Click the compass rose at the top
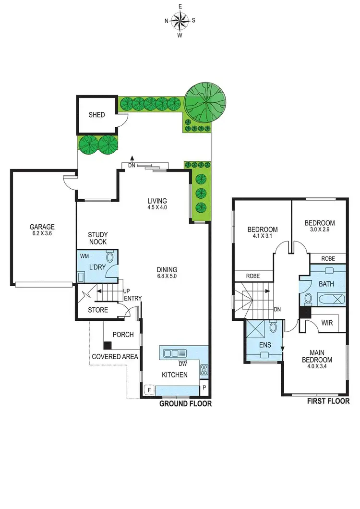180,20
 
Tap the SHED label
96,115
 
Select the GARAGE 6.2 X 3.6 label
42,230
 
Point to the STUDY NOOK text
97,238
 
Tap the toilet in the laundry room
111,257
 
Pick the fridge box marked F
149,390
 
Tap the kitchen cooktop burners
203,370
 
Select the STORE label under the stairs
98,310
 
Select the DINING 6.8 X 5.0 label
167,273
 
